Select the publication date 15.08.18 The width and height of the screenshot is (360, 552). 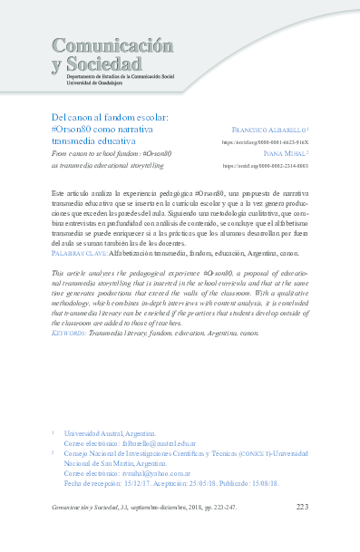276,483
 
